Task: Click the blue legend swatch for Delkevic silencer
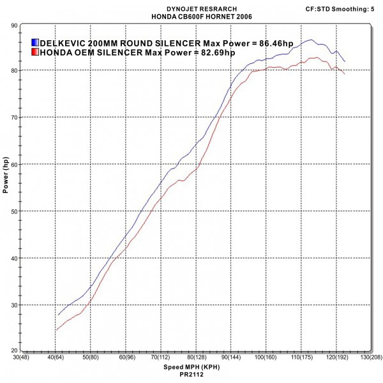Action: coord(35,43)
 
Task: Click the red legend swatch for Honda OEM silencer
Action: coord(35,52)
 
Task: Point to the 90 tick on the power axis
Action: coord(13,25)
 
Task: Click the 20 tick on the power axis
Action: coord(13,351)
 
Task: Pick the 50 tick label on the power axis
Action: coord(13,211)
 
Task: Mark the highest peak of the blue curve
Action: coord(310,40)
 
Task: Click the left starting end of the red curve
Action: coord(56,330)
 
